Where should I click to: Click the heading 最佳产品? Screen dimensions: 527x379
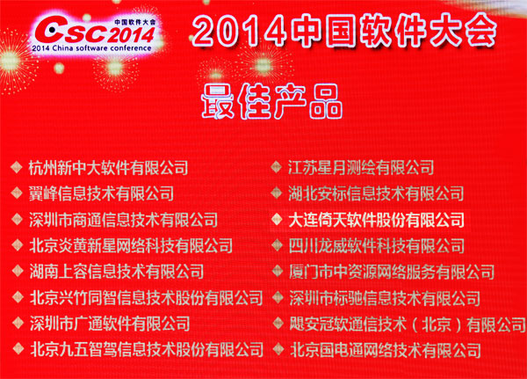point(272,102)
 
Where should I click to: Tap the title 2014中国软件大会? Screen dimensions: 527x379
point(344,30)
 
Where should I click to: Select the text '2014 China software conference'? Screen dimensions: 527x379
point(91,48)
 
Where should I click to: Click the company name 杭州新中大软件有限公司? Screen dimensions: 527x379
point(109,168)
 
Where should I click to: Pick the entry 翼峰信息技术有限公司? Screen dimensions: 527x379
point(101,193)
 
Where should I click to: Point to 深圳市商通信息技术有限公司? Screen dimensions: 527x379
point(123,220)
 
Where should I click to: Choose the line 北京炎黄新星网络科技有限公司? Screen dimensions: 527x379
point(131,245)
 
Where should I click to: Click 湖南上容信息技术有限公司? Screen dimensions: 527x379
point(116,272)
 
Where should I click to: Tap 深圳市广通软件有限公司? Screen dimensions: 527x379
point(110,324)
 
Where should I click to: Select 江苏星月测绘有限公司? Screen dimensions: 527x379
point(361,167)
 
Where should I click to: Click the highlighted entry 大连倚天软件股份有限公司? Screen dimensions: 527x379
point(376,220)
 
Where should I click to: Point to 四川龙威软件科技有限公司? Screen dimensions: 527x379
point(377,245)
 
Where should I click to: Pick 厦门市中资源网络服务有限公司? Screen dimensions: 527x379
point(392,272)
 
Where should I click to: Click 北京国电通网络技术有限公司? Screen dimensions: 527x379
point(386,350)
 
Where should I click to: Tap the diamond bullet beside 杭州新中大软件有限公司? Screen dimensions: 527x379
point(16,167)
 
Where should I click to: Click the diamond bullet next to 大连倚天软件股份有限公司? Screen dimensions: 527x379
point(277,219)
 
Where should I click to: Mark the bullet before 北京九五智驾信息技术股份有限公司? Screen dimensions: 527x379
point(18,349)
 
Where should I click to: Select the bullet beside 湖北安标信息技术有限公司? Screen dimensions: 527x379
point(277,193)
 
